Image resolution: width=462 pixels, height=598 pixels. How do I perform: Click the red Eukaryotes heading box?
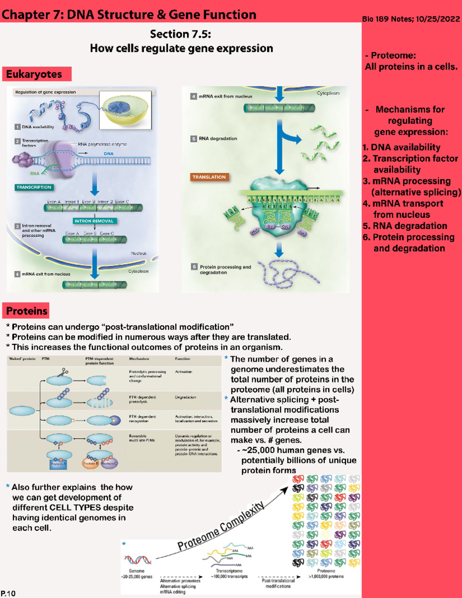tap(37, 74)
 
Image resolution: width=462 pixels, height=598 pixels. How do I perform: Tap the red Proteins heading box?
tap(26, 311)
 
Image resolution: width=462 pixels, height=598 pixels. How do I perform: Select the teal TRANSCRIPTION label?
tap(34, 187)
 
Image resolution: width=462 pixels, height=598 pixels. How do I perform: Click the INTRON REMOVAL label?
tap(94, 221)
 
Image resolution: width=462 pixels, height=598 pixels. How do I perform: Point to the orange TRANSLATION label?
tap(209, 177)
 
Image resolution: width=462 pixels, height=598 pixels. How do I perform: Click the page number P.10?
tap(8, 593)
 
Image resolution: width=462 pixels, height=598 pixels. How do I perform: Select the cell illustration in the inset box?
tap(126, 110)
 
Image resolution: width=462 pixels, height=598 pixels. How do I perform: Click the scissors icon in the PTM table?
tap(63, 372)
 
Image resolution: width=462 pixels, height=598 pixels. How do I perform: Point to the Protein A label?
tap(59, 464)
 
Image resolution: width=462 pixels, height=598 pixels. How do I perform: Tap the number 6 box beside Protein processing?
tap(194, 266)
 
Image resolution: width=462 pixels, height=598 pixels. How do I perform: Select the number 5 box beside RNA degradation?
tap(194, 139)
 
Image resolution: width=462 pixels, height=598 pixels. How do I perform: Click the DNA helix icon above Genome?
tap(137, 559)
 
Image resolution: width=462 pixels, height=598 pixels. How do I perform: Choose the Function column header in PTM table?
tap(182, 359)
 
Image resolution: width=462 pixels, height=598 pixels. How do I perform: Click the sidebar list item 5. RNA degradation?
tap(405, 226)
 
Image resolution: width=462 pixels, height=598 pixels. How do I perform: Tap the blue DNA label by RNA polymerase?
tap(109, 154)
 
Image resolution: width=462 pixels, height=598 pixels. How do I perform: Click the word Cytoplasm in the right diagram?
tap(328, 93)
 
